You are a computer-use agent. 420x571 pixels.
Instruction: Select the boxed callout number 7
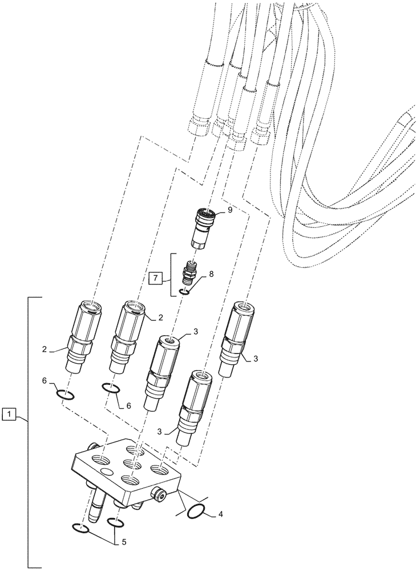153,279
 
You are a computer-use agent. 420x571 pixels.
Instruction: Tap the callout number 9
230,210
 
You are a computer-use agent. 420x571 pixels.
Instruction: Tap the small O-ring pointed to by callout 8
185,292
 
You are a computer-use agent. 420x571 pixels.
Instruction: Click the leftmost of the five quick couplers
82,337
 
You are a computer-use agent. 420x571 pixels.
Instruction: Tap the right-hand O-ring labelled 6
111,388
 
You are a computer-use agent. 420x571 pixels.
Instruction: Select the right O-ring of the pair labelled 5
114,524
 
